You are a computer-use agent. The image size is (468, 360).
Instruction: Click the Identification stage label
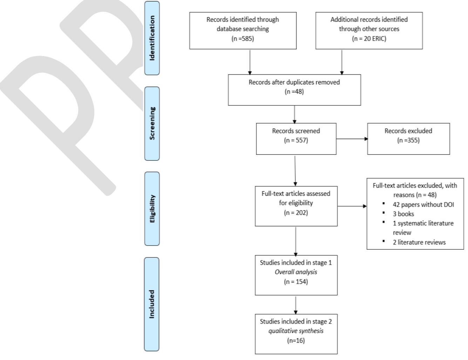tap(152, 38)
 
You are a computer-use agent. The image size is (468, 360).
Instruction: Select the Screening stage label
tap(152, 123)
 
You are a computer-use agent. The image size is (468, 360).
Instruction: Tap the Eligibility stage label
tap(152, 209)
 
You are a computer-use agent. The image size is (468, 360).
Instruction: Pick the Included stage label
tap(152, 304)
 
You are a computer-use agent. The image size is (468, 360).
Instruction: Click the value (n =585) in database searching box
tap(243, 39)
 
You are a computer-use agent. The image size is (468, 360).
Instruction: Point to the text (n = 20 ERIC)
tap(369, 39)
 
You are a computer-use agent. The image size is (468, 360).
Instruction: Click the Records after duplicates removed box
tap(294, 90)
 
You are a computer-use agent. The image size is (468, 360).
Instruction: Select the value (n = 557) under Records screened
tap(296, 140)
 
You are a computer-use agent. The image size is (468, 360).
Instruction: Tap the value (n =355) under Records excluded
tap(408, 140)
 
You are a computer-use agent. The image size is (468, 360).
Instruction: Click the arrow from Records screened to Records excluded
tap(352, 139)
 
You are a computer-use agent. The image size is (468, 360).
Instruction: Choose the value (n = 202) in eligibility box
tap(296, 213)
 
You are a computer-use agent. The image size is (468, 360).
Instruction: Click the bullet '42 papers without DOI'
tap(423, 205)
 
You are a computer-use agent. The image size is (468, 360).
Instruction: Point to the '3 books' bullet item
tap(403, 214)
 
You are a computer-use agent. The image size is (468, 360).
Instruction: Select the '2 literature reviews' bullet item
tap(419, 242)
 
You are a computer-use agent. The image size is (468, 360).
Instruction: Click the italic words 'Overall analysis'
tap(296, 272)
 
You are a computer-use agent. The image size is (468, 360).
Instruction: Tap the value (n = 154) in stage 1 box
tap(296, 281)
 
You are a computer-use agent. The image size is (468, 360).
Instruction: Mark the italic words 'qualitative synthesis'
tap(296, 331)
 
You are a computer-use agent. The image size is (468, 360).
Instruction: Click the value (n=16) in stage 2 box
tap(296, 340)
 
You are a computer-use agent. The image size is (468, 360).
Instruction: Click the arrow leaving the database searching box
tap(250, 62)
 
